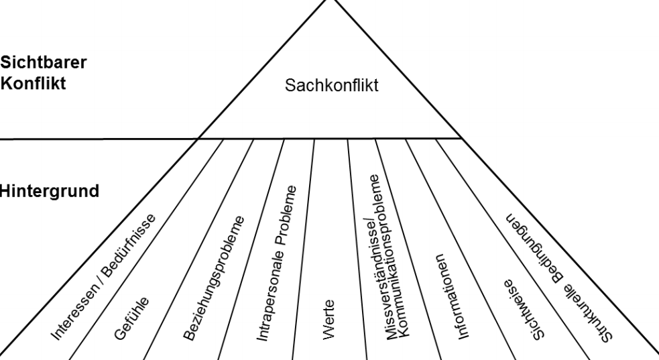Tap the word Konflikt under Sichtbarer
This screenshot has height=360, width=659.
pyautogui.click(x=29, y=87)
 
